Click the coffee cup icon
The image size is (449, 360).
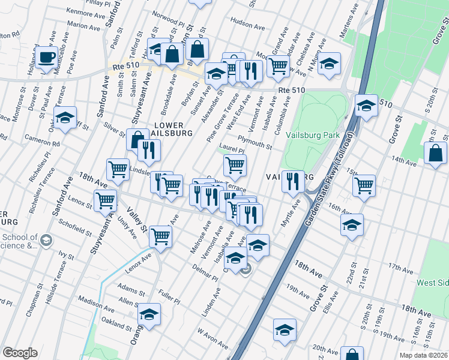46,58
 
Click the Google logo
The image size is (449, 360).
20,353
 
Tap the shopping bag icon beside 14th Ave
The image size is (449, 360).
435,154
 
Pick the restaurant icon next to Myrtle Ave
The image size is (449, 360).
293,182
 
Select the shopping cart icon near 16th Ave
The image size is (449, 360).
364,185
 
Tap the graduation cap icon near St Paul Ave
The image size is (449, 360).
65,118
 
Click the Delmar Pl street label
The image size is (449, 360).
205,272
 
